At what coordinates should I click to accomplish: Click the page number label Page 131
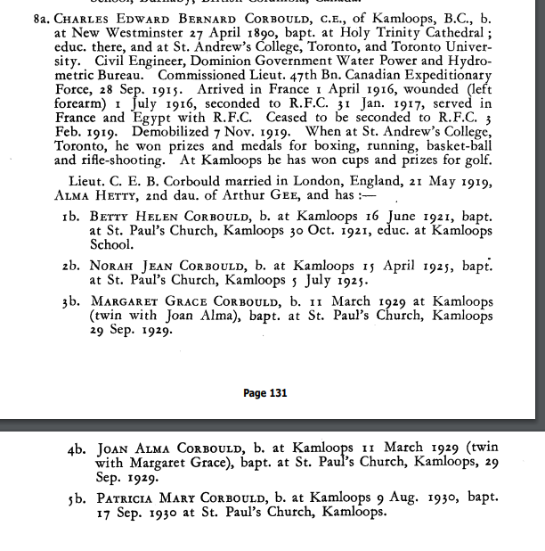pos(264,392)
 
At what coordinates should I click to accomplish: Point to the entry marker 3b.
pos(72,301)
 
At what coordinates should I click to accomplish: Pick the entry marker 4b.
pos(76,449)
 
